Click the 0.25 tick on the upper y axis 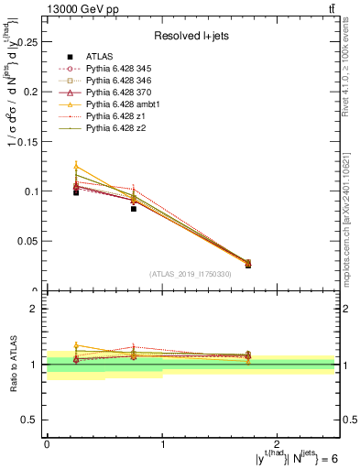29,42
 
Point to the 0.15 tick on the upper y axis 29,142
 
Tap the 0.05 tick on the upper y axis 29,242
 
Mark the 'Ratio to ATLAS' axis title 12,365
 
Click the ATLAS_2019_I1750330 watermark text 190,274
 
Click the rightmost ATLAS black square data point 248,265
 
